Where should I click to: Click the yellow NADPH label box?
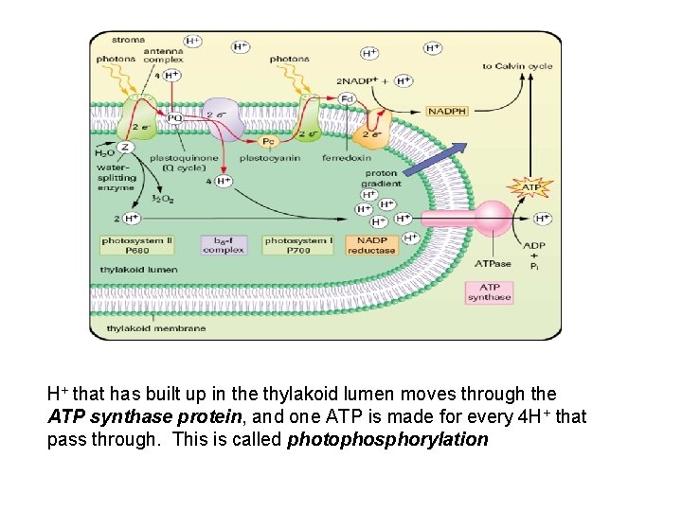(x=448, y=112)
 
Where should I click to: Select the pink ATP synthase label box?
(x=489, y=292)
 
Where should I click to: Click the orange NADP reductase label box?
(x=371, y=245)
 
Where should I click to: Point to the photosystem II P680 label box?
(x=137, y=245)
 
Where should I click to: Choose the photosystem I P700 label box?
(x=299, y=245)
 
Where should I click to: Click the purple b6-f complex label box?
(x=224, y=245)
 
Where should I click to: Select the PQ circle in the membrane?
(x=174, y=118)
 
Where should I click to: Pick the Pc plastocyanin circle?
(x=269, y=141)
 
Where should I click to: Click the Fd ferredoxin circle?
(x=347, y=98)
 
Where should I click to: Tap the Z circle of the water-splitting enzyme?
(x=125, y=147)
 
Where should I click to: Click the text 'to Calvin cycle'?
(x=517, y=66)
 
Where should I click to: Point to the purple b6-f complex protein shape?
(x=225, y=117)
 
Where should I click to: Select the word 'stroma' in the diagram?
(x=129, y=41)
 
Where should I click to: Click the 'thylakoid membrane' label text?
(x=155, y=328)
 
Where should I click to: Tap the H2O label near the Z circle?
(x=104, y=152)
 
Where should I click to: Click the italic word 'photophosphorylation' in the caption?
(x=387, y=440)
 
